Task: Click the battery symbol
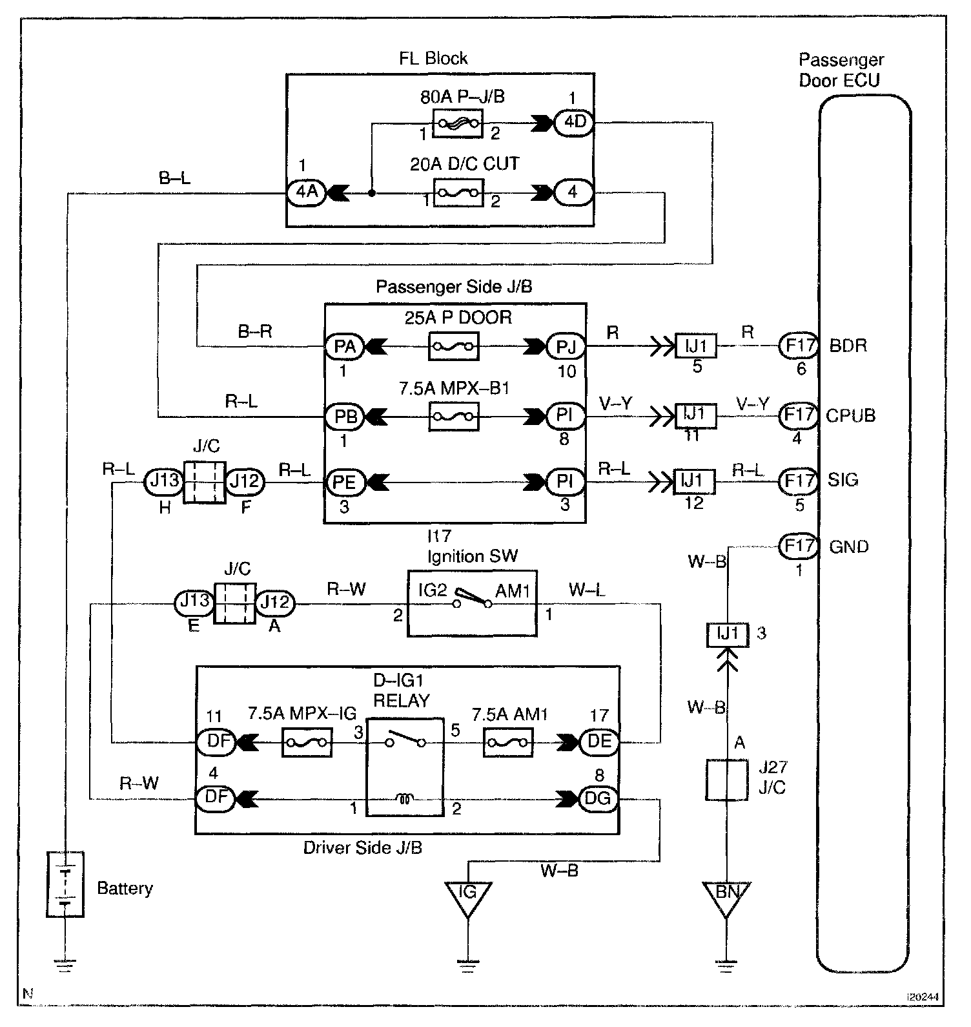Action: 65,884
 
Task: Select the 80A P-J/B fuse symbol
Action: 457,123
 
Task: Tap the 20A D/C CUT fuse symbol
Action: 458,192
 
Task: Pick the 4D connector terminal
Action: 574,122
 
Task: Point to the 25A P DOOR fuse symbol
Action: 454,347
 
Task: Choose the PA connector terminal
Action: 345,347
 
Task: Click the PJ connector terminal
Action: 566,347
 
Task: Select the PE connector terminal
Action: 345,482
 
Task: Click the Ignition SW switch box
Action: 472,603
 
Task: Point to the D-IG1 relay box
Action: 405,767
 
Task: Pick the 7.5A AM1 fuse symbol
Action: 508,742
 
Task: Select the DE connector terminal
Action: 598,742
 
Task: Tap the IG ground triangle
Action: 467,898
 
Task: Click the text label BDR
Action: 848,346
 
